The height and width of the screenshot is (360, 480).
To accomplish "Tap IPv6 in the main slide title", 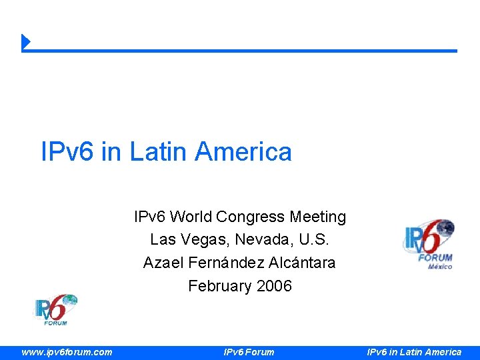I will tap(68, 152).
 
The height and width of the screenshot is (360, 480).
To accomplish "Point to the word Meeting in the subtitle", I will tap(319, 217).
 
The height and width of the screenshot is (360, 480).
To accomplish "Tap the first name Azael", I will tap(163, 263).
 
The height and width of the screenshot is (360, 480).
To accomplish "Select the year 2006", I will tap(273, 287).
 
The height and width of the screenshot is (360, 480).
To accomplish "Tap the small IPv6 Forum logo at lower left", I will tap(56, 310).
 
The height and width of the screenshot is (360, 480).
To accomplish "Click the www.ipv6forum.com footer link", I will tap(67, 352).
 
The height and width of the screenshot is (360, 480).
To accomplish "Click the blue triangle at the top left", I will tap(26, 41).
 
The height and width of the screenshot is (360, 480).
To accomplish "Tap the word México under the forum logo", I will tap(439, 267).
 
